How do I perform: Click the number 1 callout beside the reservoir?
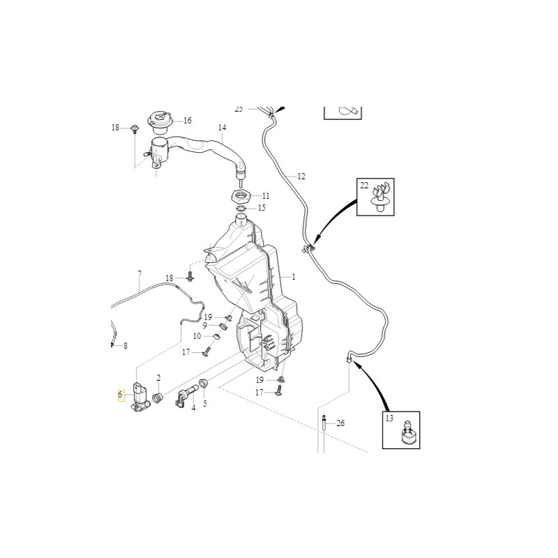pyautogui.click(x=294, y=277)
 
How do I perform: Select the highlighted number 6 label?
pyautogui.click(x=121, y=395)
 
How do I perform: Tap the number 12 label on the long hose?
pyautogui.click(x=301, y=176)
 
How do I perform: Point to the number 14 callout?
pyautogui.click(x=222, y=128)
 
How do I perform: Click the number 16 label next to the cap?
pyautogui.click(x=187, y=121)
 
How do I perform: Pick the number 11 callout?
pyautogui.click(x=265, y=195)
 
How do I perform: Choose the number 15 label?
pyautogui.click(x=262, y=208)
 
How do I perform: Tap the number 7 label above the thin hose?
pyautogui.click(x=139, y=273)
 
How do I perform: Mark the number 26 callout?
pyautogui.click(x=340, y=423)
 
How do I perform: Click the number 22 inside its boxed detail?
pyautogui.click(x=364, y=185)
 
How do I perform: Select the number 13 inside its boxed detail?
pyautogui.click(x=389, y=418)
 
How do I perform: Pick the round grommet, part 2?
pyautogui.click(x=158, y=398)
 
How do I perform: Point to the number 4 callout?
pyautogui.click(x=194, y=409)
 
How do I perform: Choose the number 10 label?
pyautogui.click(x=197, y=336)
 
